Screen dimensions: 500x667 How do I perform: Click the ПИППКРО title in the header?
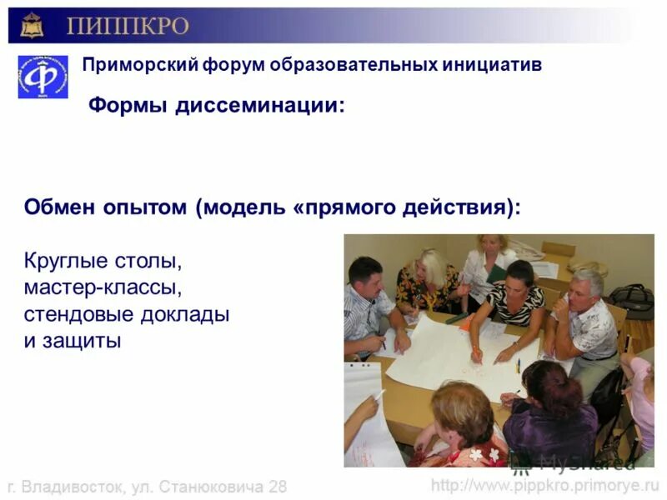(127, 26)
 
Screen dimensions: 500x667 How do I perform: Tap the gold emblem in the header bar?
(32, 25)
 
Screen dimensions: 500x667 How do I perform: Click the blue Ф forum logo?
(43, 77)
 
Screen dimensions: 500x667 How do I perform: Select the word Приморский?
(136, 64)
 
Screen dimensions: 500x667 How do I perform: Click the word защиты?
(80, 341)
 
